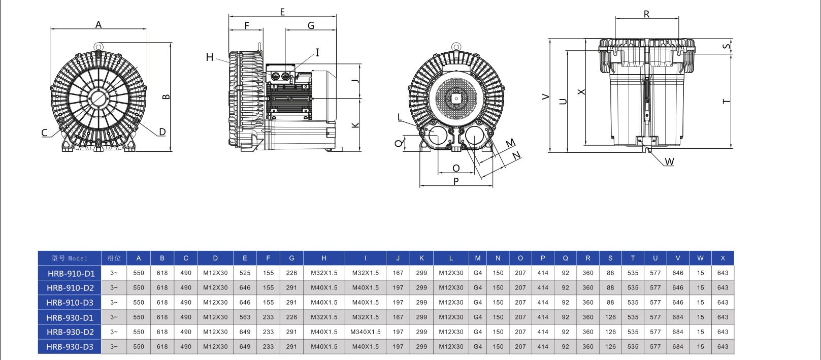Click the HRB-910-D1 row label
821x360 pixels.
71,273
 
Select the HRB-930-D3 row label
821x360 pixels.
71,347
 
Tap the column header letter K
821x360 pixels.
421,258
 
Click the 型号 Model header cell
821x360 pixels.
70,258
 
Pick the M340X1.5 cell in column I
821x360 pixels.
365,332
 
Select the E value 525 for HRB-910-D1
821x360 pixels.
245,273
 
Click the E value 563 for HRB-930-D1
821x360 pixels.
245,317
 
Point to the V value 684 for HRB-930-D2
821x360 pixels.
677,332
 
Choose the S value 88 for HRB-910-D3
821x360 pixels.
610,303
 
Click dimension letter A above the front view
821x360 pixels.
98,24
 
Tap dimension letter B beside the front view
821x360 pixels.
166,96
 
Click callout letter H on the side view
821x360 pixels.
209,57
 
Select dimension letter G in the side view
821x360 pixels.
311,25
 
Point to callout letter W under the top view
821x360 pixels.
669,162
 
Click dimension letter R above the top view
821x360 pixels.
646,14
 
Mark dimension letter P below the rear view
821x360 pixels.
456,181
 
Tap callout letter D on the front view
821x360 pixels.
162,132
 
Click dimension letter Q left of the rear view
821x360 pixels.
399,144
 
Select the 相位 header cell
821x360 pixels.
114,258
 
